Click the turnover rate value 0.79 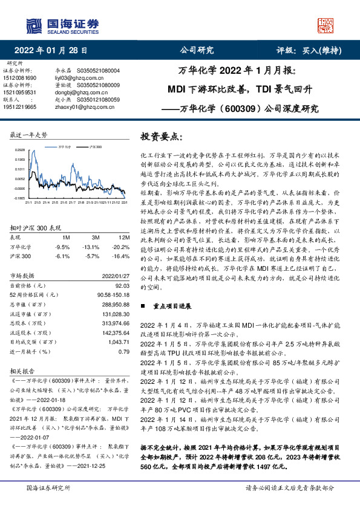coord(124,351)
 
